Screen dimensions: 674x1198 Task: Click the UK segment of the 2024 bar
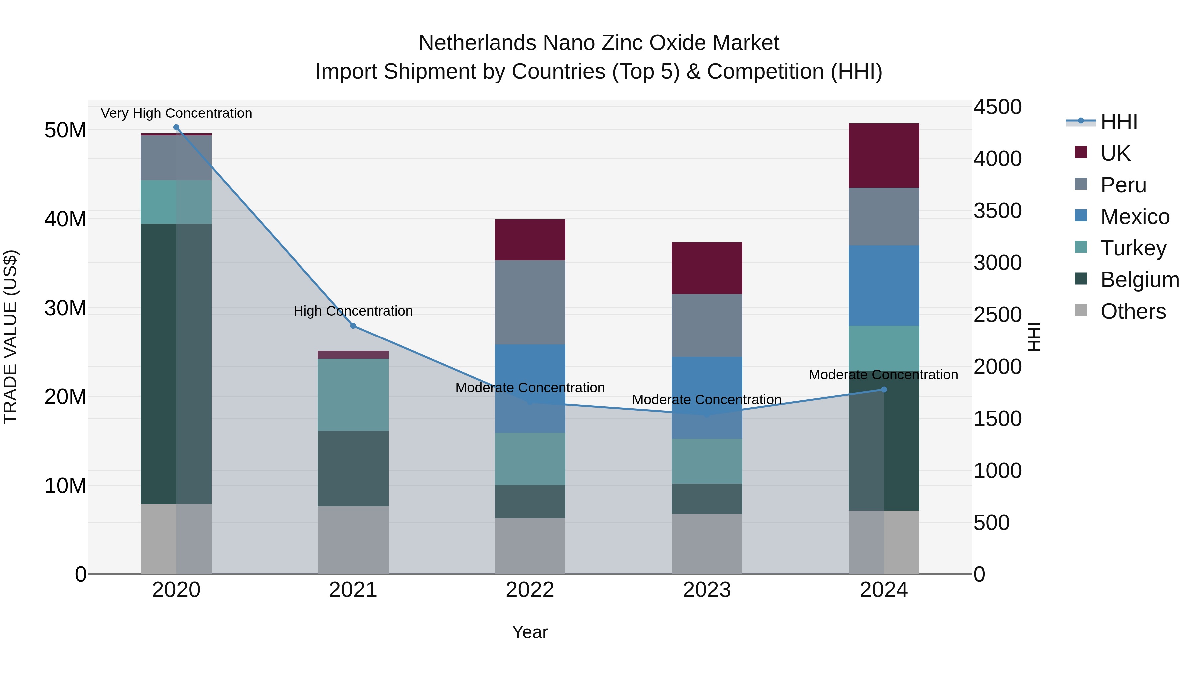point(884,155)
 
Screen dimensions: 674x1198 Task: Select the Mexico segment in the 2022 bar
point(530,388)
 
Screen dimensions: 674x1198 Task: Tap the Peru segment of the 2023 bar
point(706,325)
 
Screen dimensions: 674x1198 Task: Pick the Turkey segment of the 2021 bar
point(353,394)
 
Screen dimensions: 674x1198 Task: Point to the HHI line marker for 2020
point(176,127)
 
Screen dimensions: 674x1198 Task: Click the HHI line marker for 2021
point(353,326)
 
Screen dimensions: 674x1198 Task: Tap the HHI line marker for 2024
point(884,389)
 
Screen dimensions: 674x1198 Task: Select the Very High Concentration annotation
point(176,113)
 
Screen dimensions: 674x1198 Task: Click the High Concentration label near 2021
point(353,311)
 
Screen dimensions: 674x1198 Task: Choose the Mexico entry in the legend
point(1135,217)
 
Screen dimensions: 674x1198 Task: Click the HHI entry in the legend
point(1119,122)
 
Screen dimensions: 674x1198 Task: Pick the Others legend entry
point(1133,311)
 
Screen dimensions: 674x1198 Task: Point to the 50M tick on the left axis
point(65,130)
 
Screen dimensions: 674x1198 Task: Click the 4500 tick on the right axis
point(998,107)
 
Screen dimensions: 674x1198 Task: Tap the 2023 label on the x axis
point(706,590)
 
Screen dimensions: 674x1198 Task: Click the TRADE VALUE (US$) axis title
point(10,337)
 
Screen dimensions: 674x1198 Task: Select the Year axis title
point(530,632)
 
